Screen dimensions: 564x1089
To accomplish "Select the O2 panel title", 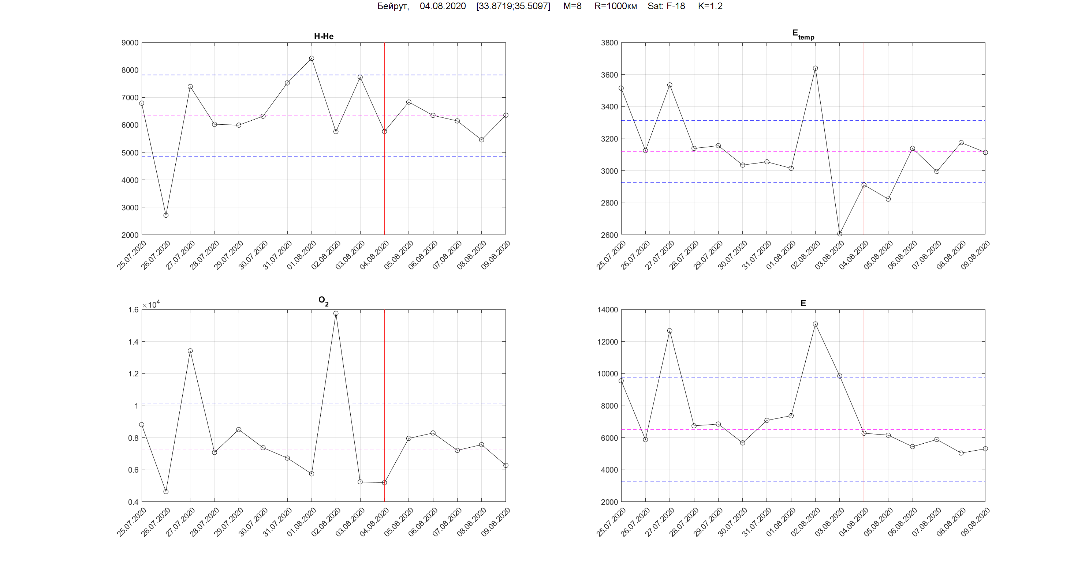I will click(x=323, y=301).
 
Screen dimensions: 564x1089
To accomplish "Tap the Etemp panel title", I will click(x=803, y=34).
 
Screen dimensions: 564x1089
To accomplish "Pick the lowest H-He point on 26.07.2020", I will click(x=166, y=215).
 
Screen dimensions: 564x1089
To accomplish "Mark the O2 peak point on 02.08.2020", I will click(x=336, y=313).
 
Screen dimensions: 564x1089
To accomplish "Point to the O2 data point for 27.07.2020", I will click(x=190, y=351).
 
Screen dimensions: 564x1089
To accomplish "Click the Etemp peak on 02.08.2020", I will click(x=816, y=68).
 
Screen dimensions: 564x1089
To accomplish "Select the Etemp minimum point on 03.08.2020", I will click(x=840, y=234).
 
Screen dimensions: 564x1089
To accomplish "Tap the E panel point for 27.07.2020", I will click(x=670, y=331).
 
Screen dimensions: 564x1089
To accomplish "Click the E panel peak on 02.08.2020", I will click(x=816, y=324).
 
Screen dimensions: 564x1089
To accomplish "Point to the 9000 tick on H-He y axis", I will click(x=130, y=43).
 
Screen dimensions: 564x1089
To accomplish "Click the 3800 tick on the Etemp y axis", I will click(x=609, y=43).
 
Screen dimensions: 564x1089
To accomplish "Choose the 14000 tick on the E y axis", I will click(x=608, y=310).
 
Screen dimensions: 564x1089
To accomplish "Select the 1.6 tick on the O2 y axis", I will click(x=133, y=310).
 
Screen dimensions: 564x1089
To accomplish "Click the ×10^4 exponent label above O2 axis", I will click(x=151, y=305).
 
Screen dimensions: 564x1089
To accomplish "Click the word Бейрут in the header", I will click(x=393, y=6).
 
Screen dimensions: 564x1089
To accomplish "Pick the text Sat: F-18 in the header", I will click(x=666, y=6).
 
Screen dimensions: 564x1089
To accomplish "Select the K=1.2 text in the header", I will click(x=710, y=6).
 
